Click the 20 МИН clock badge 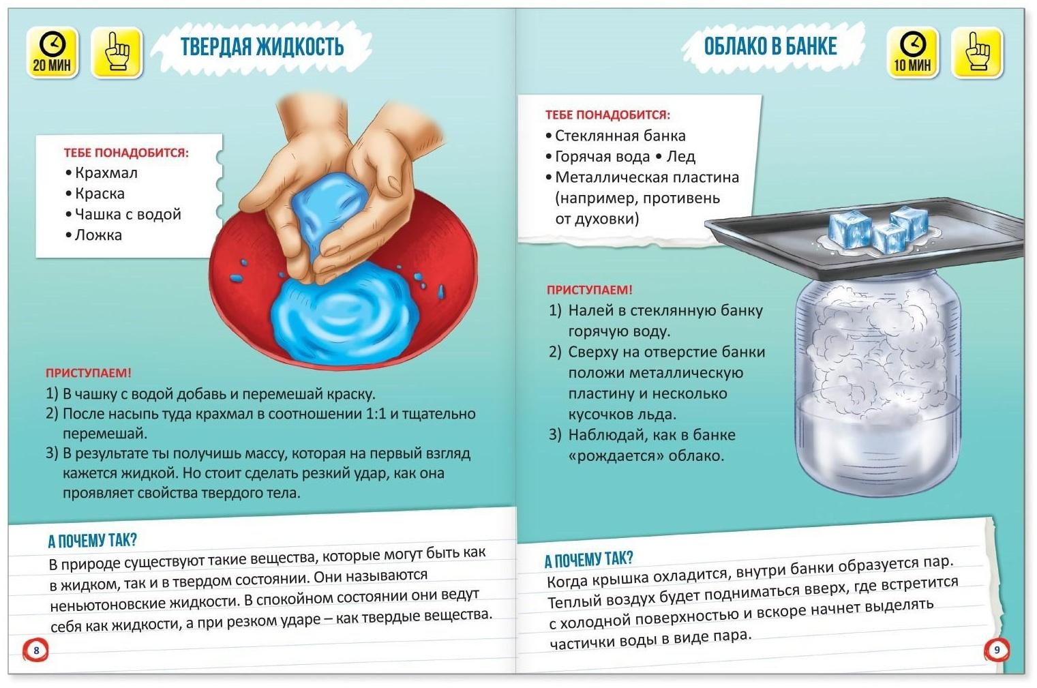point(52,53)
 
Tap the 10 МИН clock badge point(912,53)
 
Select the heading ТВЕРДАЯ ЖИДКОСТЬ point(262,47)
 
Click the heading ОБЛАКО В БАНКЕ point(770,46)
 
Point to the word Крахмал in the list point(106,173)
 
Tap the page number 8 point(36,650)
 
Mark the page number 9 point(997,650)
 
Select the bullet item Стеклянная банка point(615,136)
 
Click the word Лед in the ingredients point(680,157)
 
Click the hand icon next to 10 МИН point(977,53)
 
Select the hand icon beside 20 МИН point(117,53)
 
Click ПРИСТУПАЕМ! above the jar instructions point(589,290)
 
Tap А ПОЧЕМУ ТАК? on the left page point(93,541)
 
